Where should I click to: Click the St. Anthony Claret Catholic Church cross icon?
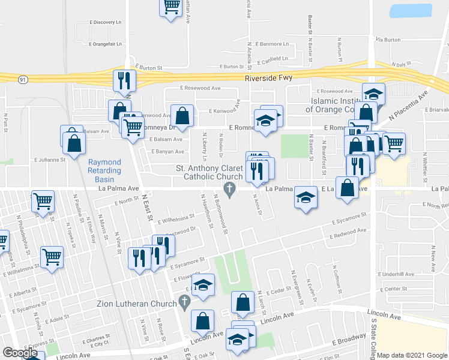click(x=229, y=189)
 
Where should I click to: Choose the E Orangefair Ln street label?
click(x=105, y=44)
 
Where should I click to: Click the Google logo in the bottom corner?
click(x=20, y=353)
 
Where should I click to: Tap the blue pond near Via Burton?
click(x=411, y=11)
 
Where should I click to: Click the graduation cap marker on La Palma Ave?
click(x=306, y=197)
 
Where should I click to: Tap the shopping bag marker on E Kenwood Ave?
click(x=182, y=115)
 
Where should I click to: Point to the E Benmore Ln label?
click(x=271, y=44)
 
